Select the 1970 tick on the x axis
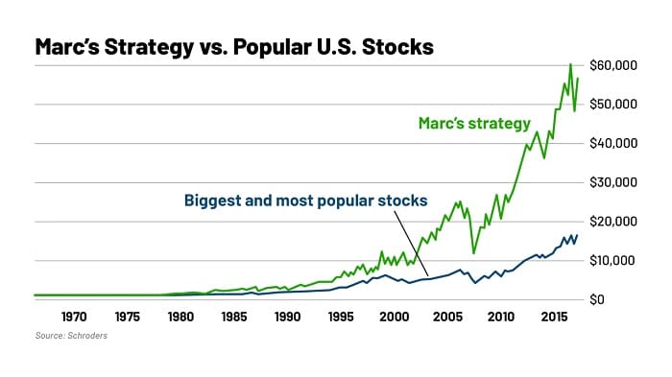pos(74,316)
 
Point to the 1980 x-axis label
pos(180,316)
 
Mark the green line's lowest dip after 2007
pos(473,253)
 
